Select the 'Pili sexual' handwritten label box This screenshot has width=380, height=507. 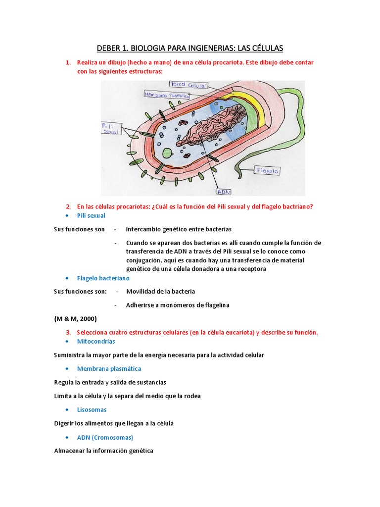(109, 129)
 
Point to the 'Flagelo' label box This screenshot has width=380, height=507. (267, 171)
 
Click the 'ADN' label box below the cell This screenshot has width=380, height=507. (224, 191)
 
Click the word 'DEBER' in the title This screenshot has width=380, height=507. (109, 48)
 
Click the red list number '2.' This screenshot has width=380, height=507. (69, 206)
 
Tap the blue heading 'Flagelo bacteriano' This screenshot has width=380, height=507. (103, 278)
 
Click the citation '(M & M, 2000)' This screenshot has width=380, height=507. (75, 318)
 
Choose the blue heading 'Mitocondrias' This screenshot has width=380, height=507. (96, 341)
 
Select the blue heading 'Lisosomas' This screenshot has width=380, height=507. (92, 409)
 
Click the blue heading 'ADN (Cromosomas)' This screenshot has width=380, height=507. (105, 437)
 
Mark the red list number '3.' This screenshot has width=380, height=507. (69, 332)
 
